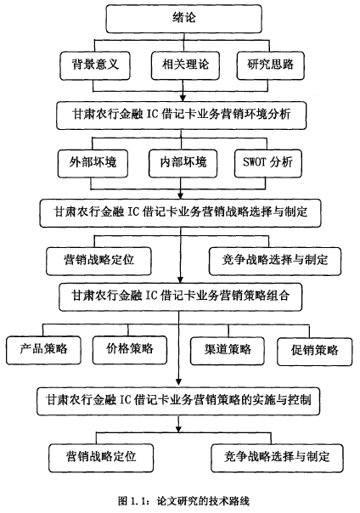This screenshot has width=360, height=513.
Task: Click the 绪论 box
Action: coord(183,19)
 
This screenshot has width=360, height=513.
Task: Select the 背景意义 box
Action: coord(95,65)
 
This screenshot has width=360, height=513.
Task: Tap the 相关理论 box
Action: coord(185,65)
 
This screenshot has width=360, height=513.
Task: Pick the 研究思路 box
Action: coord(270,65)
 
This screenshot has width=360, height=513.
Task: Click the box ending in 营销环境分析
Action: coord(181,116)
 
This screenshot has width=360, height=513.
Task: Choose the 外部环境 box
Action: coord(93,164)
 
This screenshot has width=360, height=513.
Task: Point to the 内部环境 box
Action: coord(183,164)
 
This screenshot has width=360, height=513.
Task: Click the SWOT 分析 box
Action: coord(268,164)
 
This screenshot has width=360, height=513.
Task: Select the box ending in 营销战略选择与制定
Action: coord(180,213)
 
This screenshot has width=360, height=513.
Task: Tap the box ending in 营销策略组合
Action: coord(180,296)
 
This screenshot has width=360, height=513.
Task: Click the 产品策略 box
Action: coord(43,350)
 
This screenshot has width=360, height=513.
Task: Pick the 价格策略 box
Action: coord(130,350)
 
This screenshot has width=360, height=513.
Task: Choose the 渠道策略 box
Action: coord(228,351)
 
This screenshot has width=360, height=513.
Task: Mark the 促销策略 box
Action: coord(314,352)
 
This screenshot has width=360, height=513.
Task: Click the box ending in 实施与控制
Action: coord(178,401)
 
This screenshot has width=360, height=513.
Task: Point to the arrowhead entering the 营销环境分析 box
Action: coord(183,98)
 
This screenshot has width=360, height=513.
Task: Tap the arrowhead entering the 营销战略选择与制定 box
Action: coord(181,195)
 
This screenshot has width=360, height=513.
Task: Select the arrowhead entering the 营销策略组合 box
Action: coord(180,279)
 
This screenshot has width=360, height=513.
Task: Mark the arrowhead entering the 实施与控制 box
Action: coord(178,382)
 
